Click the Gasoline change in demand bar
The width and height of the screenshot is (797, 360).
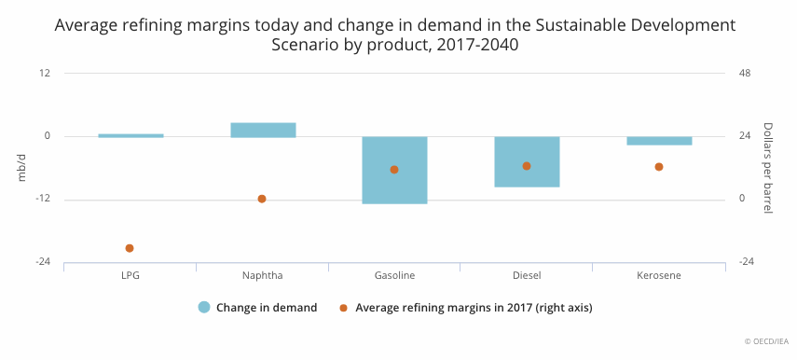[394, 170]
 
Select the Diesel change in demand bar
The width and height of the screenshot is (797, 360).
[527, 161]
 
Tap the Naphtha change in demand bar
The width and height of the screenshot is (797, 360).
[263, 131]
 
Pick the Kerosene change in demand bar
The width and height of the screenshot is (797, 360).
[659, 141]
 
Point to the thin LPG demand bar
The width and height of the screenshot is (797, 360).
[131, 136]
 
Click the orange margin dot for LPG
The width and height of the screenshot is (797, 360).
[130, 248]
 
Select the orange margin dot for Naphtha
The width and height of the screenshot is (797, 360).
[262, 199]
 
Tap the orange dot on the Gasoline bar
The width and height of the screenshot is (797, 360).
[394, 170]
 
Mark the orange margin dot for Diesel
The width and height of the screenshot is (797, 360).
[527, 166]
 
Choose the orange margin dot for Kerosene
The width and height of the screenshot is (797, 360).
[659, 167]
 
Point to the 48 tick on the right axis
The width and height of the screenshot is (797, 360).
[745, 74]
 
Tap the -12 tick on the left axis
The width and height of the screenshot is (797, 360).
[43, 199]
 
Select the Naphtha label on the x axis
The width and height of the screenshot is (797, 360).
[262, 276]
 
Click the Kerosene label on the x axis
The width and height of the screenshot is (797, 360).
[659, 276]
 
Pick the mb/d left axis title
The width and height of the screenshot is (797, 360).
[21, 167]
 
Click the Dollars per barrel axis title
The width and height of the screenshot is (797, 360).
[767, 167]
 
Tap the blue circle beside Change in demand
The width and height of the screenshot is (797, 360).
[204, 308]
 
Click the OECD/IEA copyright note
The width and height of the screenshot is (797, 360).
[767, 341]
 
